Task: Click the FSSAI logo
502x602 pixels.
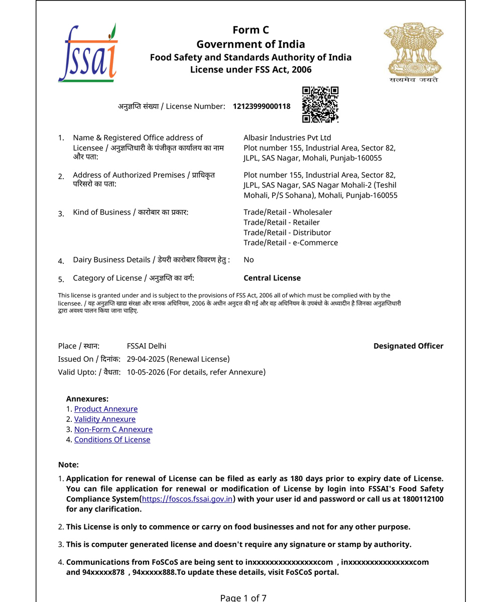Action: (x=88, y=53)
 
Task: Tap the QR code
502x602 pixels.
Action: (x=320, y=104)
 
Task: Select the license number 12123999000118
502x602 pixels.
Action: (x=262, y=106)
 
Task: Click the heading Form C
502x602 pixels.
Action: (x=250, y=30)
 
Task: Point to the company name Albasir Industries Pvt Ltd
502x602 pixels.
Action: (x=287, y=137)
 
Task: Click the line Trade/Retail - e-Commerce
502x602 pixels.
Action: (x=291, y=243)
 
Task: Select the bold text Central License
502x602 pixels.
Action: (x=272, y=278)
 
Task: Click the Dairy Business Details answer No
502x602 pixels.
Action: (x=248, y=260)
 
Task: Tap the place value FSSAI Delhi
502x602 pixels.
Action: (x=147, y=346)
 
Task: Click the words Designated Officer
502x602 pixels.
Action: (x=408, y=346)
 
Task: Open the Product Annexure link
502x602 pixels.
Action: (x=106, y=409)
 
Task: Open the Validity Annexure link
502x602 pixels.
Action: (x=105, y=419)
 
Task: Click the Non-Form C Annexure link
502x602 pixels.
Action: (x=113, y=429)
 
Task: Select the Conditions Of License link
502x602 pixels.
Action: (x=112, y=440)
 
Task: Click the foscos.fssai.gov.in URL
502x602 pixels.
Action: (x=187, y=499)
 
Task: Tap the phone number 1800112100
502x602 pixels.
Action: (x=423, y=499)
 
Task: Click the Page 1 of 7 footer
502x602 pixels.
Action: (x=243, y=597)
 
